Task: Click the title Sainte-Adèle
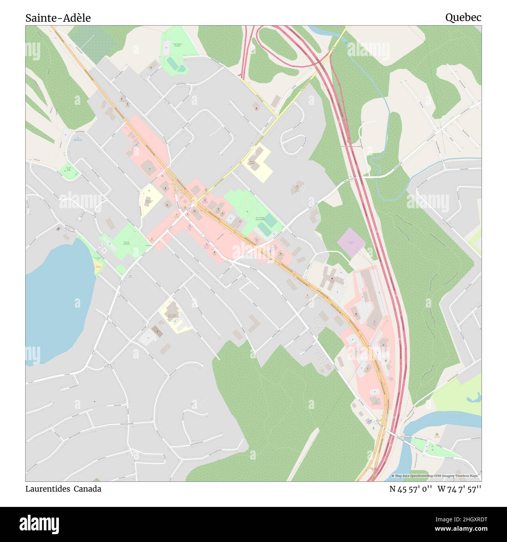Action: pyautogui.click(x=58, y=18)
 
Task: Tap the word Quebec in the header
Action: pyautogui.click(x=463, y=17)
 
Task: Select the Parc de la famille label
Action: pyautogui.click(x=126, y=243)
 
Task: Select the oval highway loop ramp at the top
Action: pyautogui.click(x=277, y=47)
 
